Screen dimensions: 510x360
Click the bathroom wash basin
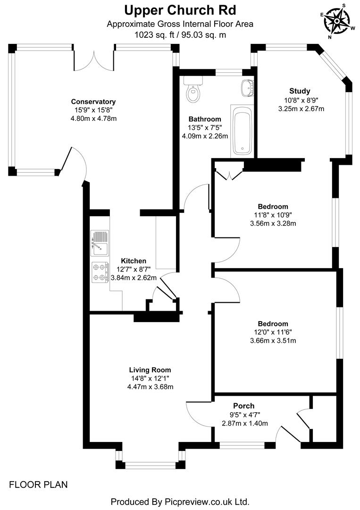click(x=248, y=88)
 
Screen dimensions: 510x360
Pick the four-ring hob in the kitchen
click(x=100, y=272)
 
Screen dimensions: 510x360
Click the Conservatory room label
click(x=93, y=102)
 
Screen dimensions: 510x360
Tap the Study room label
click(x=300, y=91)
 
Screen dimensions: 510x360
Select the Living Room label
click(x=150, y=370)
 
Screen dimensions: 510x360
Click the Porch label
click(x=244, y=406)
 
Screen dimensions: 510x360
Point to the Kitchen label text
click(x=134, y=261)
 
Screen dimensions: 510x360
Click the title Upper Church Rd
click(x=180, y=9)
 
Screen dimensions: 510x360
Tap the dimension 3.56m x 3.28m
click(x=273, y=223)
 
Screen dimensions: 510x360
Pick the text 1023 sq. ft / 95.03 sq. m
click(x=180, y=34)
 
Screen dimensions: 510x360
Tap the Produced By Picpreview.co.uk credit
click(x=180, y=501)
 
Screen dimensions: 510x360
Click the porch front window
click(x=243, y=444)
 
